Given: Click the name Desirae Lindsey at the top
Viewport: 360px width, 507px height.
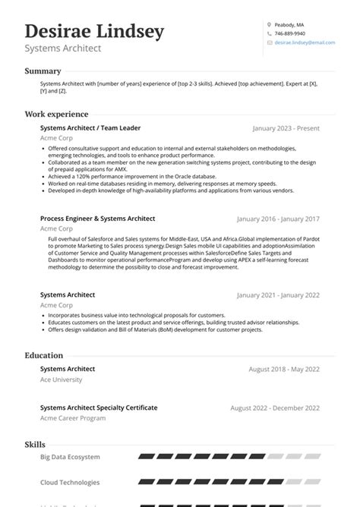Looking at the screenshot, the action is (x=94, y=32).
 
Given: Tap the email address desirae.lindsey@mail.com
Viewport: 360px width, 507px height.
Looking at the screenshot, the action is (x=305, y=43).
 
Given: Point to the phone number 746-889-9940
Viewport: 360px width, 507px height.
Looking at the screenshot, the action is (x=289, y=33).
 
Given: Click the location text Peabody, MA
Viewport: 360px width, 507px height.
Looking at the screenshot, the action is (x=289, y=24).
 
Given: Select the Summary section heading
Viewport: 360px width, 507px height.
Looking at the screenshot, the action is (x=43, y=71).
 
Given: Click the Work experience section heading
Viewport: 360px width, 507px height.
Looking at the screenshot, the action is (x=56, y=114).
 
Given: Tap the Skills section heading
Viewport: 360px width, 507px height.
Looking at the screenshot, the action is (x=35, y=444).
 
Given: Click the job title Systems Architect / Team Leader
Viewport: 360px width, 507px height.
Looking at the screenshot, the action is (x=90, y=128).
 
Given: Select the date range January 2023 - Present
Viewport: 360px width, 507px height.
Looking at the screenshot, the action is (x=286, y=129).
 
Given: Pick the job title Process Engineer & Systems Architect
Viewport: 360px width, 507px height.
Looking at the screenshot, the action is (x=97, y=218).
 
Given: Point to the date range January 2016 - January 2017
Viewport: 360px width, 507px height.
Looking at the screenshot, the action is (x=278, y=219).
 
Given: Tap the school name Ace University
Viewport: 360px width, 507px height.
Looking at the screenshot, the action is (x=60, y=379).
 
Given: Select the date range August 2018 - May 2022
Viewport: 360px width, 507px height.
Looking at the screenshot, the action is (x=284, y=369).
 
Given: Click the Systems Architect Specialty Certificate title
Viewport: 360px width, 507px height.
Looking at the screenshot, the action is (x=99, y=408).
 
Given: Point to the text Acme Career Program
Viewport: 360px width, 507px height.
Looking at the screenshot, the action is (x=72, y=418).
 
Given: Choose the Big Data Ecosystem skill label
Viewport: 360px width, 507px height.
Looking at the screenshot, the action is (x=70, y=458).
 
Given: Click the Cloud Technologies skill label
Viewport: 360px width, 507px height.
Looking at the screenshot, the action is (x=70, y=482).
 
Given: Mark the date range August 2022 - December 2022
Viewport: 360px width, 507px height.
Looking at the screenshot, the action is (x=274, y=408).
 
